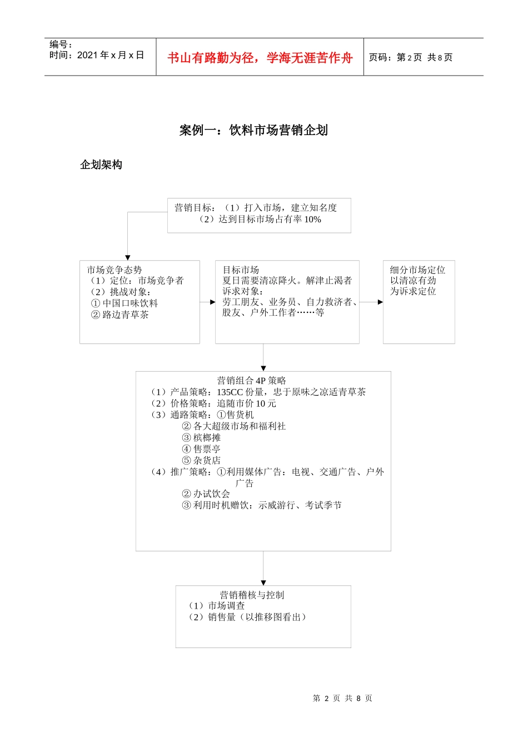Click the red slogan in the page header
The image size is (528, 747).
tap(260, 58)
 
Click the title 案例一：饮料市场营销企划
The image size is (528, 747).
tap(253, 131)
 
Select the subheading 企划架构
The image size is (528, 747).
tap(101, 165)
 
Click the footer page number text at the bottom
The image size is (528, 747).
tap(342, 698)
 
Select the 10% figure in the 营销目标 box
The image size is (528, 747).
tap(312, 220)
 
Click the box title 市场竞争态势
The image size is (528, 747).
tap(114, 270)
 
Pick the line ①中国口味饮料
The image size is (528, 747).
tap(124, 303)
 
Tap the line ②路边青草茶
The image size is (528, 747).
tap(120, 315)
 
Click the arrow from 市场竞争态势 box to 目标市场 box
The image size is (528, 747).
tap(208, 302)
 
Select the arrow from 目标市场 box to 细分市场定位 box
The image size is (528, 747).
tap(371, 302)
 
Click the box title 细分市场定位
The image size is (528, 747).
tap(417, 270)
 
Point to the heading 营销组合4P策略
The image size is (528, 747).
tap(251, 381)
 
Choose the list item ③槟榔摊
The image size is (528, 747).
tap(201, 438)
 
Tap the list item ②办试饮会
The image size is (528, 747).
tap(206, 494)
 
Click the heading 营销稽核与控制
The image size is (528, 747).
tap(252, 595)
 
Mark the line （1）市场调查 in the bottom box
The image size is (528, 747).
tap(217, 606)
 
